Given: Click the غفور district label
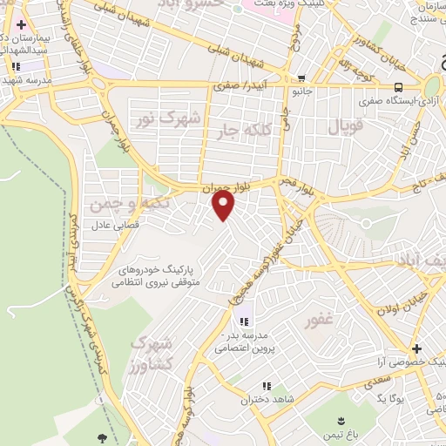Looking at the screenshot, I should [x=319, y=321].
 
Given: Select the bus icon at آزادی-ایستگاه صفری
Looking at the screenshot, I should [x=398, y=87].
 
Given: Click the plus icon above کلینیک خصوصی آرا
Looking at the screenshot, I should [x=416, y=348].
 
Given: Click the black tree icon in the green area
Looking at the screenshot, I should [x=105, y=438].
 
